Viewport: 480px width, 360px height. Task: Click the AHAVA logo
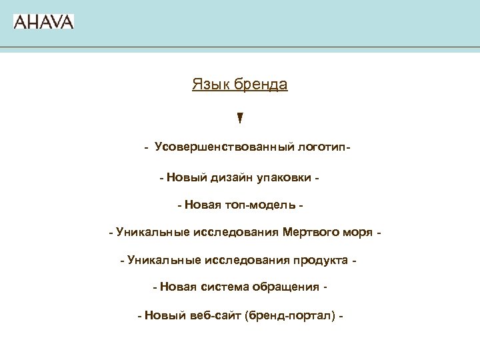[43, 21]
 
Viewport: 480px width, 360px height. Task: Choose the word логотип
[319, 147]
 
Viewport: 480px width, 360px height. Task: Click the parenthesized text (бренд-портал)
[290, 315]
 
